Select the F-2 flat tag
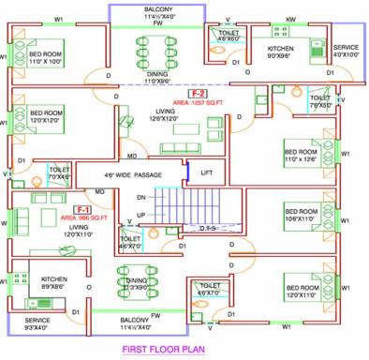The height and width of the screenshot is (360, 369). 198,94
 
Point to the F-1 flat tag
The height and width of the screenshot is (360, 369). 82,208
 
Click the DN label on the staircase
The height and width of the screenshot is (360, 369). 141,198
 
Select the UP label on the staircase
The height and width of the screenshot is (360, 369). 140,215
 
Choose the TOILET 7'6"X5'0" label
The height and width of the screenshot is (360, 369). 319,101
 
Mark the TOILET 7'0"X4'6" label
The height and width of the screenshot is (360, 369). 59,173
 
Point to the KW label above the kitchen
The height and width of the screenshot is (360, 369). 290,20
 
